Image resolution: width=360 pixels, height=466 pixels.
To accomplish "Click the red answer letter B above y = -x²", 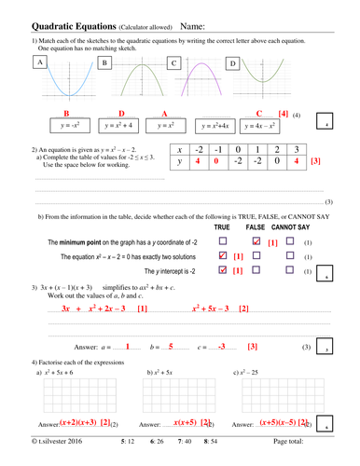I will (x=66, y=113).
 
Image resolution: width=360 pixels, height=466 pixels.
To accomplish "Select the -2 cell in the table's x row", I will (x=197, y=147).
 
